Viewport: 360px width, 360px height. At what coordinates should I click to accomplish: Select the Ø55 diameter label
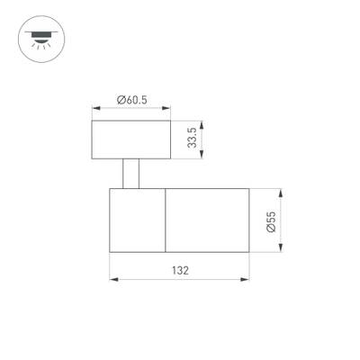272,221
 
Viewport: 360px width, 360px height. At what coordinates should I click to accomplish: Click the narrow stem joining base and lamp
131,174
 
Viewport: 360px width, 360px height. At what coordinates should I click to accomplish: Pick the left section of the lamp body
137,221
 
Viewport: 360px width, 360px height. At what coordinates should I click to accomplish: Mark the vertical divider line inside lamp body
166,221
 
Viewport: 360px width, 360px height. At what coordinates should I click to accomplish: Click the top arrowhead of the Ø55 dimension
282,193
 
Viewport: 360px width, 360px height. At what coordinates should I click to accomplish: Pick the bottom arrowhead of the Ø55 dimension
282,250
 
